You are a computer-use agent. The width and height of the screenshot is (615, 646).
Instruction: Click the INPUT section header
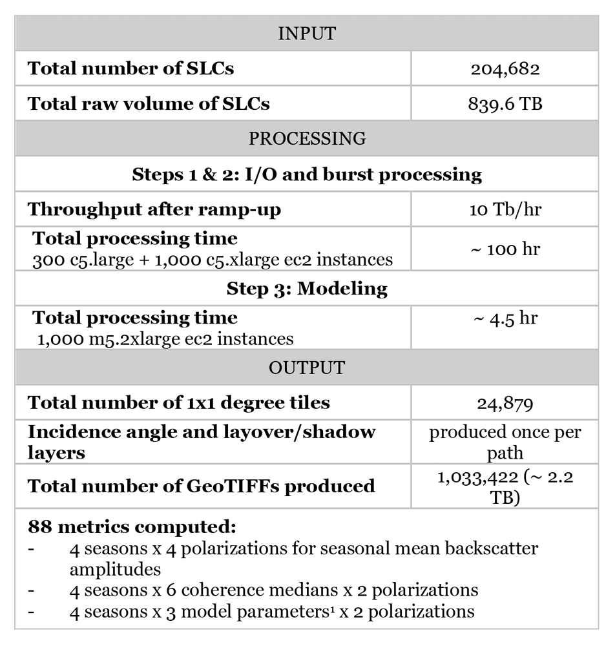click(x=307, y=34)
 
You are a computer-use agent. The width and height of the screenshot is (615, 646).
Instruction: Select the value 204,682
click(x=505, y=68)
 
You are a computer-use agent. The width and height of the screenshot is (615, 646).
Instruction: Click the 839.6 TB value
click(x=505, y=103)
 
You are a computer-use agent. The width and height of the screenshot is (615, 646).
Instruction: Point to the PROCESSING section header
click(x=307, y=138)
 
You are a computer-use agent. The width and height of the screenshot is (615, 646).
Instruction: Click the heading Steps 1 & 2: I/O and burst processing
click(x=307, y=174)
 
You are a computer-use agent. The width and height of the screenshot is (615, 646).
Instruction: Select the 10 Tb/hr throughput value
click(x=505, y=209)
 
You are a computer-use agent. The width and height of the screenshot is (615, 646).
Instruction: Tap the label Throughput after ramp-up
click(x=154, y=209)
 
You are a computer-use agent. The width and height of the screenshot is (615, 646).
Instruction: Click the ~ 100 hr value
click(x=505, y=248)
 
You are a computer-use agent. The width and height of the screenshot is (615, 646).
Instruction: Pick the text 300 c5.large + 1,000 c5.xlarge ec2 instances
click(x=213, y=260)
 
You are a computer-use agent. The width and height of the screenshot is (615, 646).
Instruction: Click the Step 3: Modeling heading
click(x=307, y=288)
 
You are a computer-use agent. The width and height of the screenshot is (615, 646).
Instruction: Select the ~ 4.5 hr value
click(x=505, y=318)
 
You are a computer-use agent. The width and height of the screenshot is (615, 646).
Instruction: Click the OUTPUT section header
click(x=307, y=368)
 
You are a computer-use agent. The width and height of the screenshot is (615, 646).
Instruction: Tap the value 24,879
click(x=505, y=403)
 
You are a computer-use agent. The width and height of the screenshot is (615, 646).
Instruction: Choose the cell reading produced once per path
click(x=505, y=443)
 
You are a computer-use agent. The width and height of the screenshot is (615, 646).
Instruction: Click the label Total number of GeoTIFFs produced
click(x=201, y=485)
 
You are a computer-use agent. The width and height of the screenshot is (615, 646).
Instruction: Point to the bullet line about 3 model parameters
click(x=271, y=610)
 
